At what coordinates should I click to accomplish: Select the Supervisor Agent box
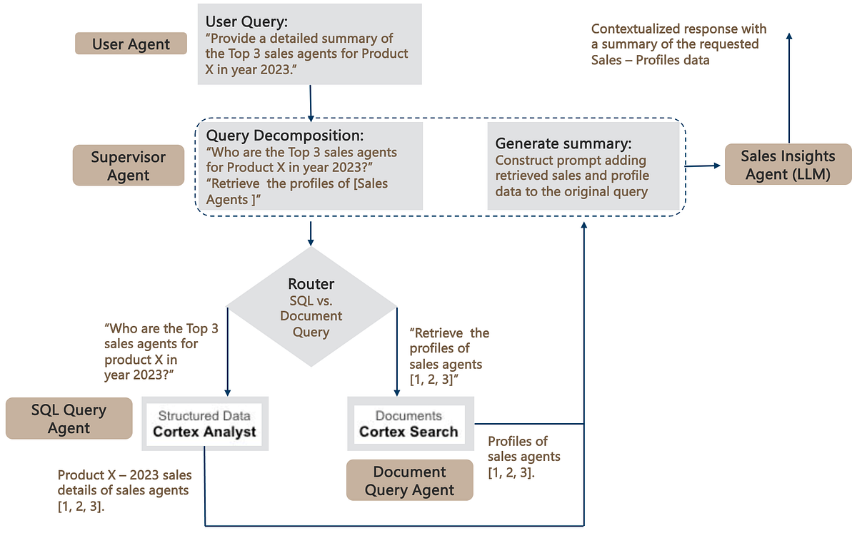coord(128,166)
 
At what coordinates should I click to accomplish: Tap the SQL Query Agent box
coord(69,419)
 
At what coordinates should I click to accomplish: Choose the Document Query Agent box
coord(409,481)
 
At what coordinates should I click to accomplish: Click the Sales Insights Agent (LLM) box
coord(788,165)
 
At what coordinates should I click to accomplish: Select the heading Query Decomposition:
coord(285,135)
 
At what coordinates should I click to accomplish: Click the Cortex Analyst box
coord(204,423)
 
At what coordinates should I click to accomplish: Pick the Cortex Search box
coord(409,423)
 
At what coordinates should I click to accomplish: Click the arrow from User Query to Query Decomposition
coord(311,102)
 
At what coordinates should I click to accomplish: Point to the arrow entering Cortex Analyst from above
coord(228,357)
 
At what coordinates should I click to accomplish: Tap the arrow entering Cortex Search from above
coord(396,357)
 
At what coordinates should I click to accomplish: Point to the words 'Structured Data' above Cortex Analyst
coord(204,415)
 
